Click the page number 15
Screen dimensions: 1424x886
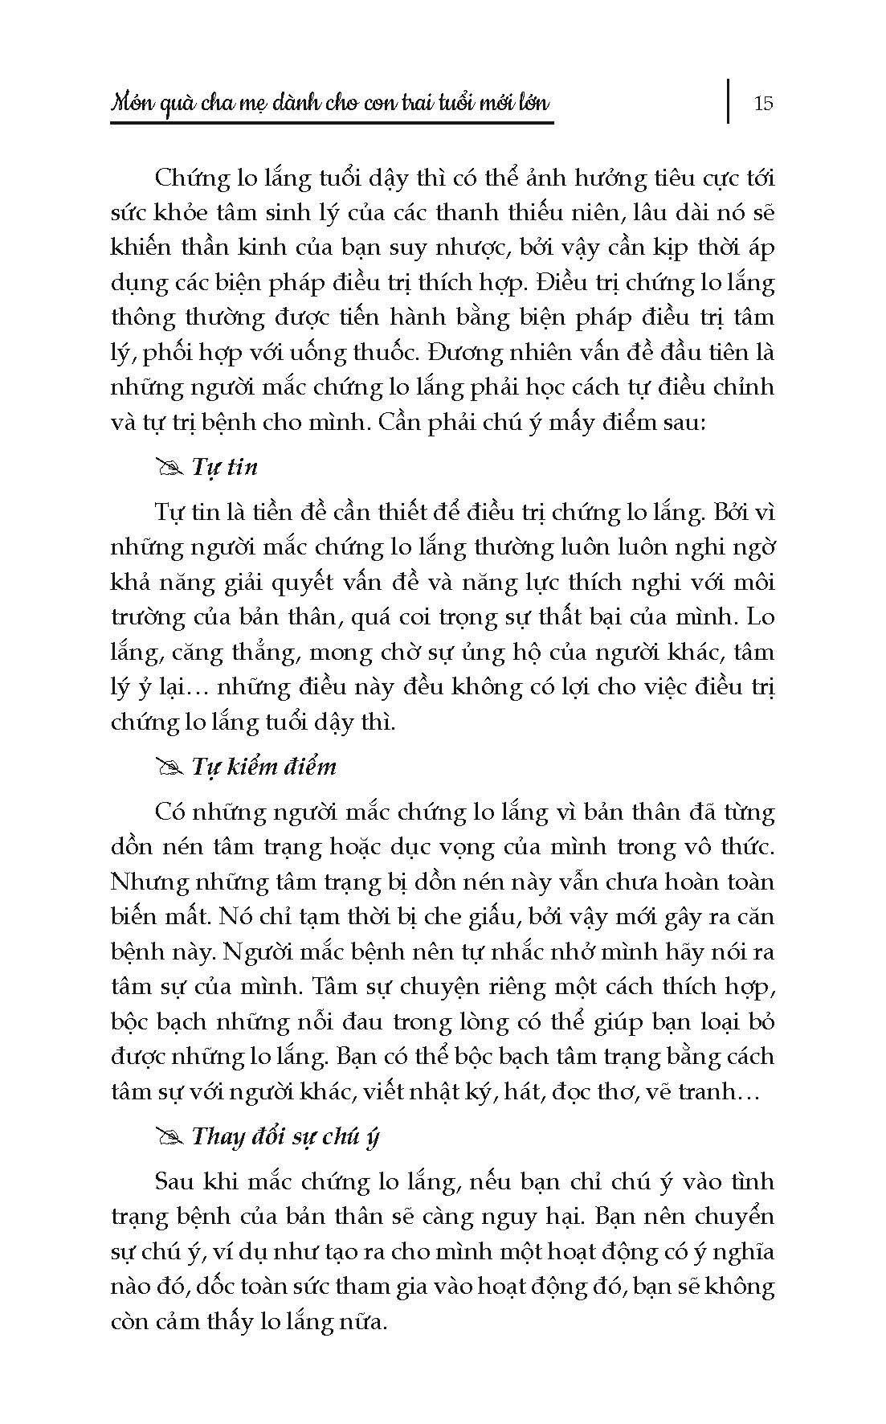pyautogui.click(x=763, y=103)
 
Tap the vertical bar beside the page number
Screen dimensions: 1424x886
pyautogui.click(x=729, y=100)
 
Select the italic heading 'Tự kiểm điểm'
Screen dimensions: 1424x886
pyautogui.click(x=264, y=767)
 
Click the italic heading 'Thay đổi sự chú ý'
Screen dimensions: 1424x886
pyautogui.click(x=286, y=1136)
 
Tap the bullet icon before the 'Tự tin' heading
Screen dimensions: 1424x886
pyautogui.click(x=170, y=468)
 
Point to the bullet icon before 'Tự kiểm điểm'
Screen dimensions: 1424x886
pyautogui.click(x=170, y=767)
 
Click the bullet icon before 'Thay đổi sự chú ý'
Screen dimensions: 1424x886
pyautogui.click(x=170, y=1137)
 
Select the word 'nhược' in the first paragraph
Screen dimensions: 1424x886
pyautogui.click(x=483, y=248)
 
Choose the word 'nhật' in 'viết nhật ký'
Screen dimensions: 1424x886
pyautogui.click(x=438, y=1091)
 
